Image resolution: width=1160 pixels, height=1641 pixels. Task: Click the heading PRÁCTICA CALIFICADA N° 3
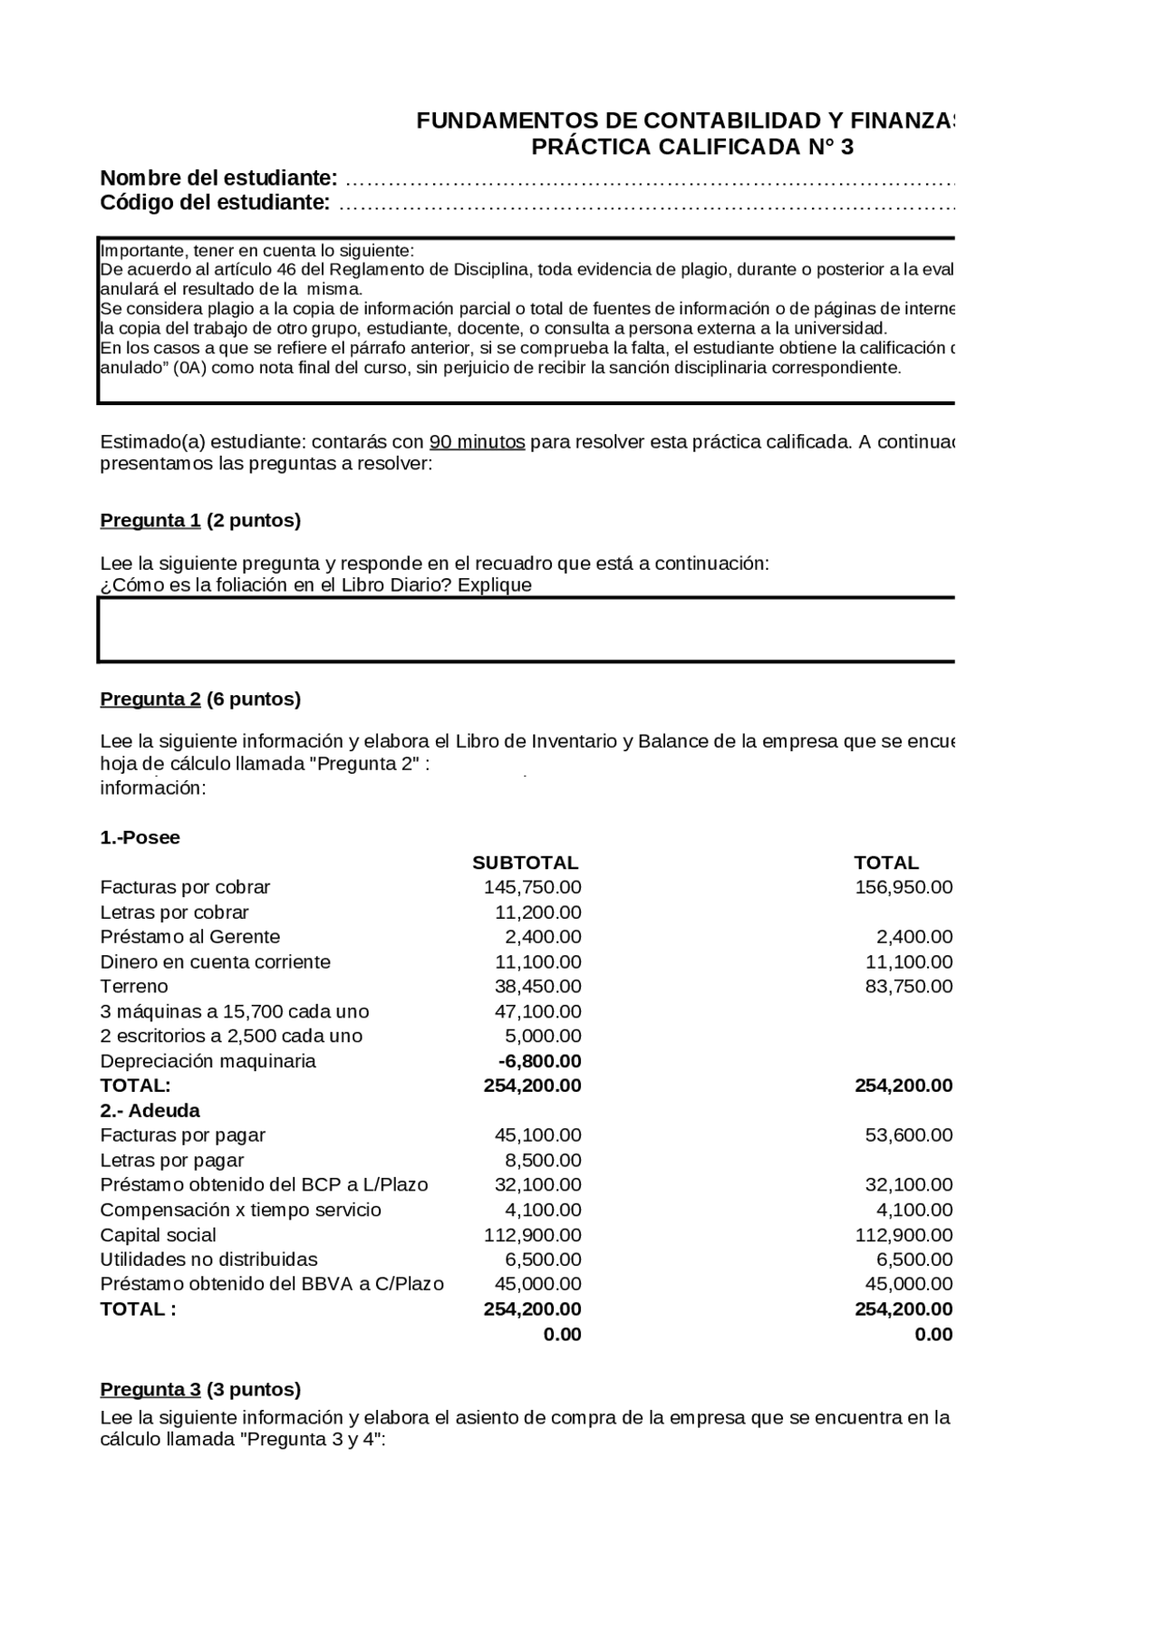(691, 147)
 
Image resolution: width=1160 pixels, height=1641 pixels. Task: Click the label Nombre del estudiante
(218, 177)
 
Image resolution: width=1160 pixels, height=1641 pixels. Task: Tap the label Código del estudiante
(215, 202)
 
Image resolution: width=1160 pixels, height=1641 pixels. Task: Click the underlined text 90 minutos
(477, 442)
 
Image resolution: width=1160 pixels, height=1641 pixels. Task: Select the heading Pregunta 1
(150, 520)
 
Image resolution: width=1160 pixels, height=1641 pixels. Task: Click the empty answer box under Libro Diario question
(526, 630)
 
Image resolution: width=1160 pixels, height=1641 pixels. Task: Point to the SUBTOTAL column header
(525, 863)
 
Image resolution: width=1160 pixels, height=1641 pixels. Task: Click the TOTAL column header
(885, 863)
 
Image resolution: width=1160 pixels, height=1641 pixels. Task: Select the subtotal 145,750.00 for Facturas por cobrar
(532, 887)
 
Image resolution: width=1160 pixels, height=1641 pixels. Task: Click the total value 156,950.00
(903, 887)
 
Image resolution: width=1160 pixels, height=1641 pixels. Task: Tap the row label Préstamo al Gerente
(189, 937)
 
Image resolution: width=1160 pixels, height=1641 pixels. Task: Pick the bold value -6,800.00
(539, 1061)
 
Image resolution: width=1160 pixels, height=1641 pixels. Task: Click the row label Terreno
(133, 986)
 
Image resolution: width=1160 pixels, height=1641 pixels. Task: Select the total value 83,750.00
(908, 986)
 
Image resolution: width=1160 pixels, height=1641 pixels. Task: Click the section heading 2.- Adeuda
(150, 1110)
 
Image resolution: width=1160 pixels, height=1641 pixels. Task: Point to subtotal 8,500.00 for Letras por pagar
(542, 1160)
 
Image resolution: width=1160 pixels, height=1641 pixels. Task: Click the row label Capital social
(158, 1235)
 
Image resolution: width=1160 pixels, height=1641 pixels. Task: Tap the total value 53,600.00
(908, 1135)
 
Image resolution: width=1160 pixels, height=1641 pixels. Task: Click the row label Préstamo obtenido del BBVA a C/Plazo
(272, 1284)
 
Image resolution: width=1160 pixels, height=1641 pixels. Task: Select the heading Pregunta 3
(150, 1389)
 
